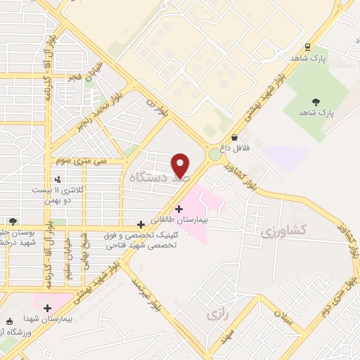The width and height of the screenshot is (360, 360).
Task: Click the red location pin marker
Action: pyautogui.click(x=181, y=165)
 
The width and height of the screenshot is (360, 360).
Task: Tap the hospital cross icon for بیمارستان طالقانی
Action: pyautogui.click(x=179, y=209)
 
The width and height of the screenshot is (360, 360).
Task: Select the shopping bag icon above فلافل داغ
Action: pyautogui.click(x=234, y=138)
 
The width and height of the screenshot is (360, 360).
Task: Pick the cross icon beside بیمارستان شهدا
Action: pyautogui.click(x=47, y=308)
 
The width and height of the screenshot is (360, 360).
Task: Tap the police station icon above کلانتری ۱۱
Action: pyautogui.click(x=58, y=179)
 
